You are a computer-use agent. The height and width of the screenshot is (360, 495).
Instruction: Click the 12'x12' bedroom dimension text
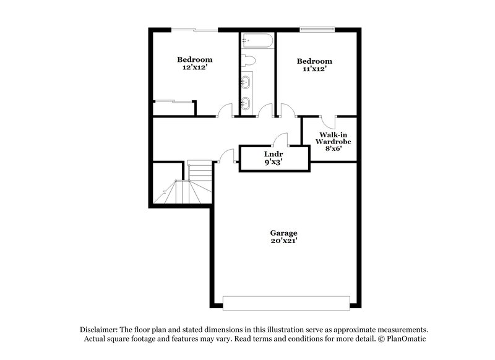195,69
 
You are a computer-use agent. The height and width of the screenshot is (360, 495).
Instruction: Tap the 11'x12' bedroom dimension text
314,70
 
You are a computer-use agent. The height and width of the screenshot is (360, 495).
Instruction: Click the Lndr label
273,153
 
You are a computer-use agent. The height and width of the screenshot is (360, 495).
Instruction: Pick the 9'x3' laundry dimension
273,162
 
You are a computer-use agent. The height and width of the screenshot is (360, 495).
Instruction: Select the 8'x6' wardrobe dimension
335,149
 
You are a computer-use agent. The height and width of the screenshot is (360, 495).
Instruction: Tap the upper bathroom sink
246,82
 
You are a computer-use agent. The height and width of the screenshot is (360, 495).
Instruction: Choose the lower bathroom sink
246,103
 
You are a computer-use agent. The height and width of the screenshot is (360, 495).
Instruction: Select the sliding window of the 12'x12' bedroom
194,29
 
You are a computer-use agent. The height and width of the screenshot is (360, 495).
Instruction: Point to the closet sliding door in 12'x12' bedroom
173,101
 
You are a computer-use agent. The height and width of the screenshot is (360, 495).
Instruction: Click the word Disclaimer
99,330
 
